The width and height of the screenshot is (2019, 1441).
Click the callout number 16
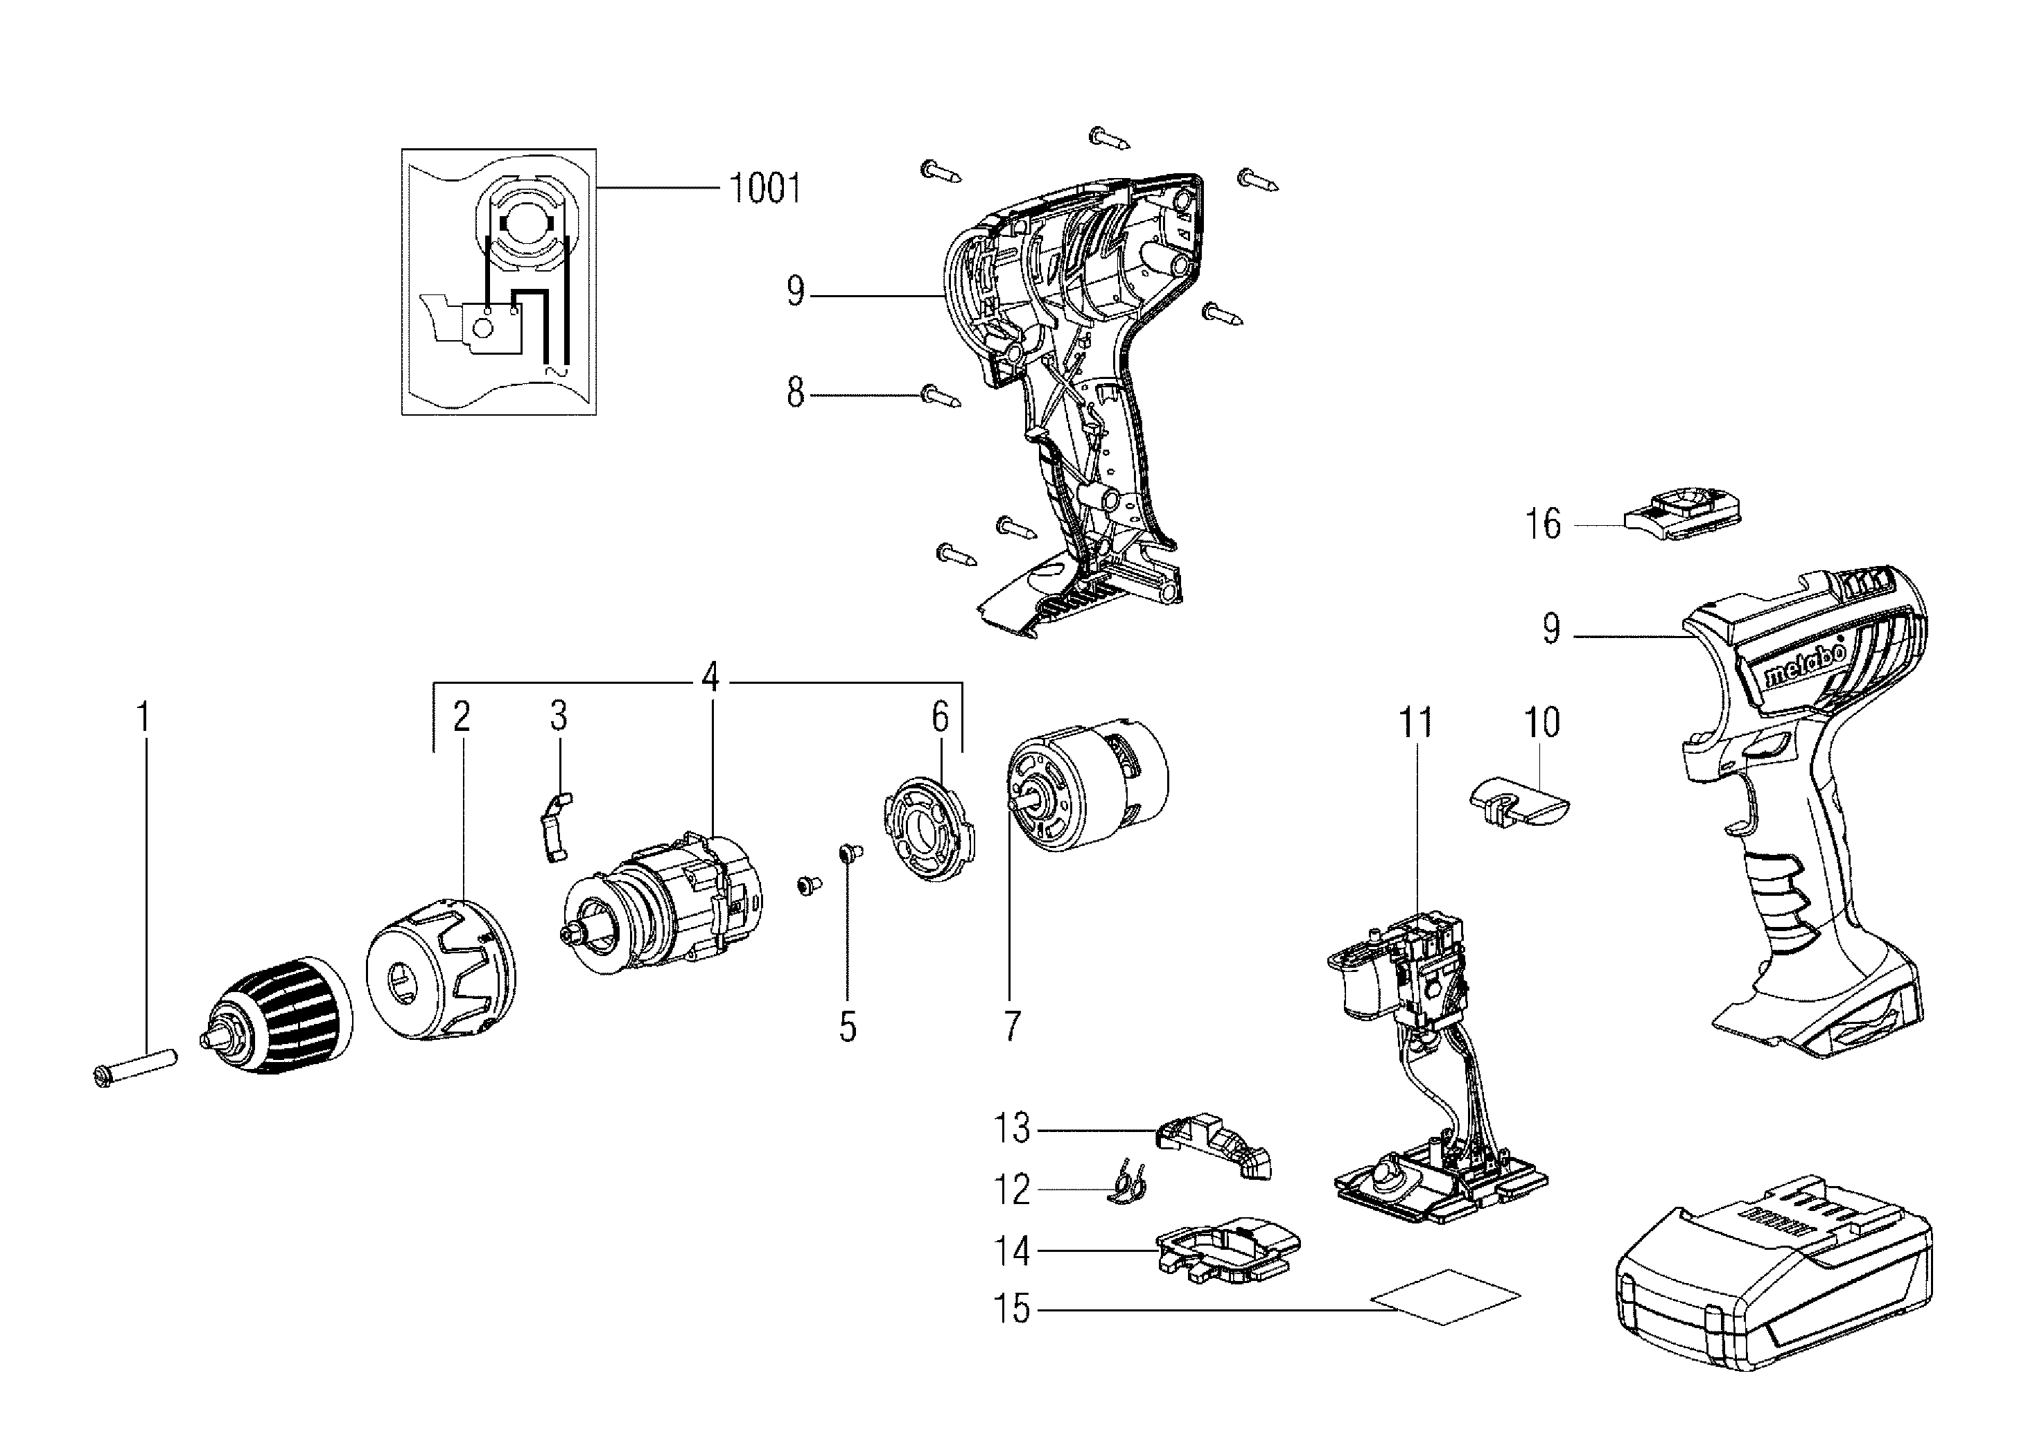coord(1542,524)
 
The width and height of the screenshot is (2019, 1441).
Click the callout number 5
coord(848,1027)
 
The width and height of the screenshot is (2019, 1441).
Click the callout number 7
coord(1011,1026)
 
